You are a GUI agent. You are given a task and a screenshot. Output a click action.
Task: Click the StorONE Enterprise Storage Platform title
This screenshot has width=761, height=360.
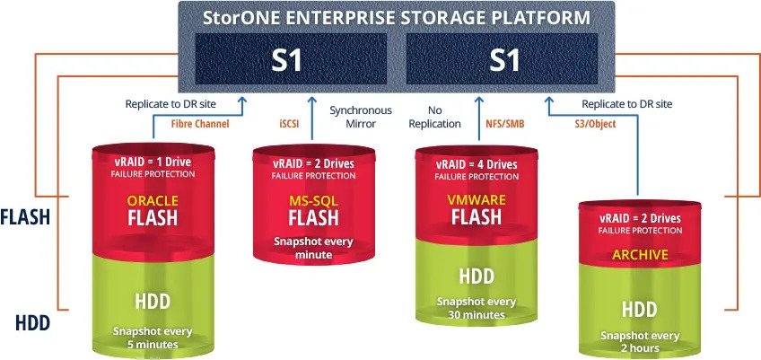pos(397,17)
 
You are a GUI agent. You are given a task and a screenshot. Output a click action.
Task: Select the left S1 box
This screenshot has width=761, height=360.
pos(291,58)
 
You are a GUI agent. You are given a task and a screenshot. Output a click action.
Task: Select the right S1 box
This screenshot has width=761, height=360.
pos(502,58)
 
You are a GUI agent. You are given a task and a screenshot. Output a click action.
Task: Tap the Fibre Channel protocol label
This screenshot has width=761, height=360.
pos(200,124)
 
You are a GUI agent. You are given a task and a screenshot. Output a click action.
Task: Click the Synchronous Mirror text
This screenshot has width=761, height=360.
pos(361,117)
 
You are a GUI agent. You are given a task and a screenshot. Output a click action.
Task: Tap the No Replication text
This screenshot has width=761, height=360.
pos(434,117)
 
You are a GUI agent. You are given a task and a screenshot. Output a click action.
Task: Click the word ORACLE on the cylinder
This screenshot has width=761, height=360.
pos(153,200)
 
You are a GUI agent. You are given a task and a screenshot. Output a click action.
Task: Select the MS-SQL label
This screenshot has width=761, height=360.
pos(313,200)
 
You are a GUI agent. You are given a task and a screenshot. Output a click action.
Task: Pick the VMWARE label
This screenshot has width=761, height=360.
pos(477,199)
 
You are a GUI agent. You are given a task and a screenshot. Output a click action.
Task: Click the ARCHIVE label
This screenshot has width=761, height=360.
pos(640,255)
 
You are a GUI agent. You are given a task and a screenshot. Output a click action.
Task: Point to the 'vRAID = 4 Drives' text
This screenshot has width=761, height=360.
pos(477,164)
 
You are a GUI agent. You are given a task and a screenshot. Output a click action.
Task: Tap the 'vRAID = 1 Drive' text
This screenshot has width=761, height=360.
pos(153,162)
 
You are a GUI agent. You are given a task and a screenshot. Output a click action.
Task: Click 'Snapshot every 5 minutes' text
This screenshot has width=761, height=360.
pos(153,338)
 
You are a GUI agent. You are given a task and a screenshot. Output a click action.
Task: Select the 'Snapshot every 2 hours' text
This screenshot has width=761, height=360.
pos(640,342)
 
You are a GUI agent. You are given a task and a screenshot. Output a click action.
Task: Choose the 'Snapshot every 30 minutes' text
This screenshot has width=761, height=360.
pos(477,309)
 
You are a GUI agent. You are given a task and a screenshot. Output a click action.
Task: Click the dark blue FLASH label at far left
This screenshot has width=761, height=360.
pos(26,217)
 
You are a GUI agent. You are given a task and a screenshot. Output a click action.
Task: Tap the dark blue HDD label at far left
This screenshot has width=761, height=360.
pos(33,323)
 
